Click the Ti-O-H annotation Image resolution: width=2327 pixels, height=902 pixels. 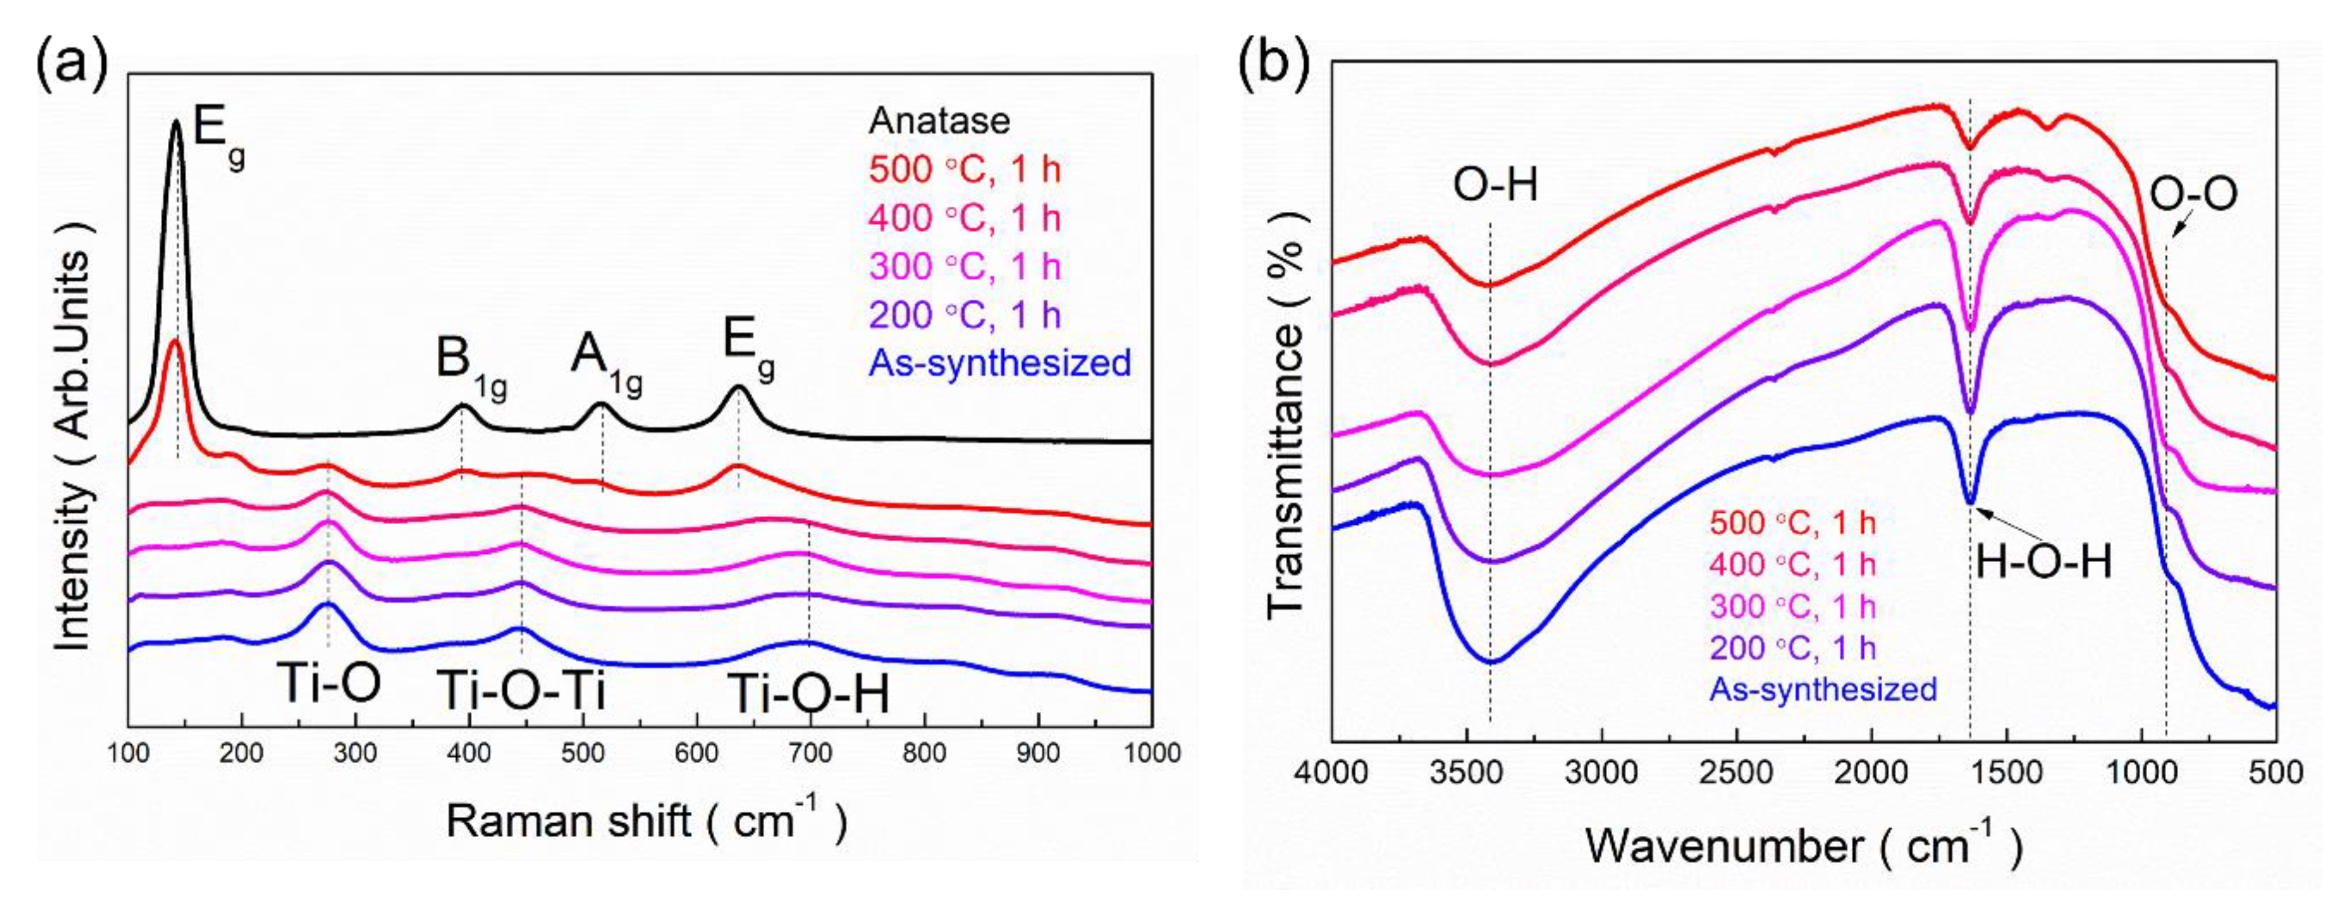(x=808, y=694)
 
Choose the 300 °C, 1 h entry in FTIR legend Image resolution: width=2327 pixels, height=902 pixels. (x=1792, y=606)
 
